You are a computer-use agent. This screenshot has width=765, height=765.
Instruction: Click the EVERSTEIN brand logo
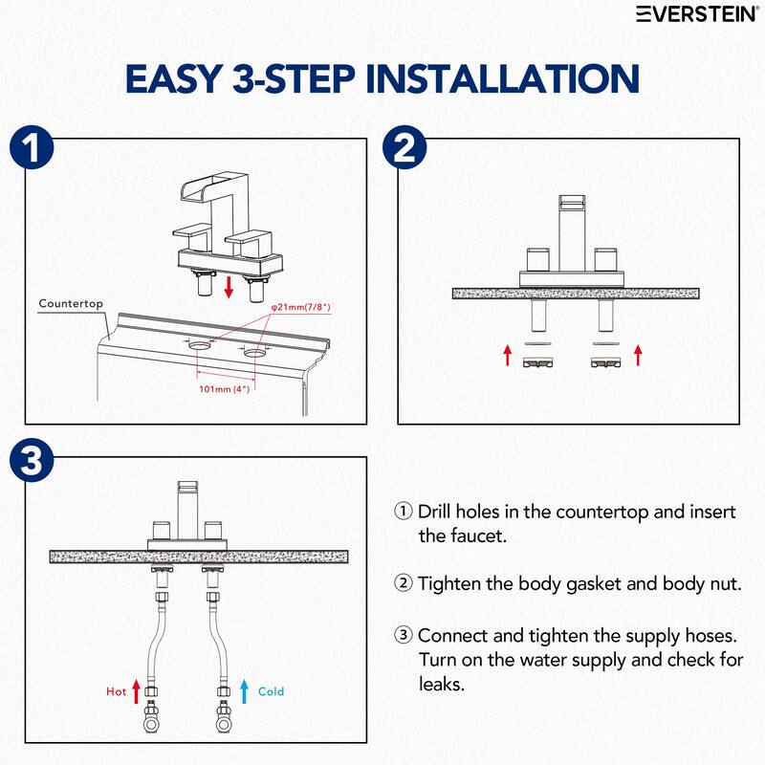coord(697,13)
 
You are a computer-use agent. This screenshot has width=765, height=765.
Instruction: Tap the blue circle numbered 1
coord(32,148)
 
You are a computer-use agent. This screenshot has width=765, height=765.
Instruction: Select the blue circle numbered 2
coord(404,148)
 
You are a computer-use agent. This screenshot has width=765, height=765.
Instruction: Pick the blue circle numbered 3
coord(32,460)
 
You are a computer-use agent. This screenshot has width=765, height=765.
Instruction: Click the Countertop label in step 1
coord(71,303)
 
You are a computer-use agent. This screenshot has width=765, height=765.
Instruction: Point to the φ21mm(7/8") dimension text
coord(301,307)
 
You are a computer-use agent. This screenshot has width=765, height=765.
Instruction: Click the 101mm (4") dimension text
coord(225,389)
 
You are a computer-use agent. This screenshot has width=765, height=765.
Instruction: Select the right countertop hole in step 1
coord(254,352)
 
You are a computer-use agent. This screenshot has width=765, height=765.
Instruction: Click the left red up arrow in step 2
coord(508,355)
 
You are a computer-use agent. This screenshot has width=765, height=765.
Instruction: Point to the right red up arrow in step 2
coord(638,355)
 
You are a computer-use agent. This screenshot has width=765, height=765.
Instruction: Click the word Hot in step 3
coord(116,691)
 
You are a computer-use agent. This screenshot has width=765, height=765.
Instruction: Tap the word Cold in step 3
coord(271,691)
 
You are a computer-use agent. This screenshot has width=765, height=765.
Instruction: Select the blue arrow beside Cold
coord(245,691)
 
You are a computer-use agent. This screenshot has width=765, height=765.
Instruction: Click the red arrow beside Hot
coord(137,691)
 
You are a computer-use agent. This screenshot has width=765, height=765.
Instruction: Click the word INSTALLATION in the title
coord(503,78)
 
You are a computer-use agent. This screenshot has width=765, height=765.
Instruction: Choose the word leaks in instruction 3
coord(442,684)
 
